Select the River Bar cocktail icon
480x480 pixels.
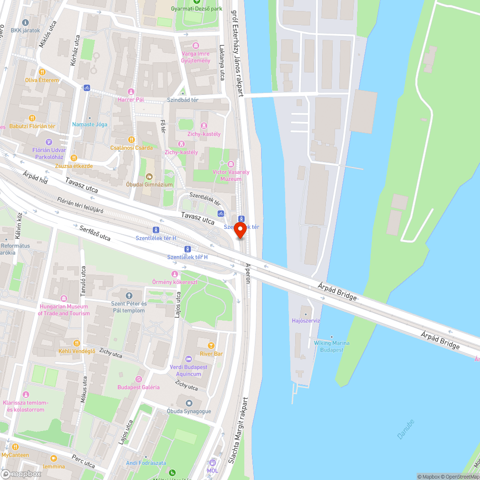pyautogui.click(x=211, y=346)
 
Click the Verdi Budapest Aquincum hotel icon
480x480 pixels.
pyautogui.click(x=188, y=359)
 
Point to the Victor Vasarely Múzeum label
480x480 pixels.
pyautogui.click(x=231, y=175)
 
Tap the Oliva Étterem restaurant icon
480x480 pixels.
pyautogui.click(x=42, y=72)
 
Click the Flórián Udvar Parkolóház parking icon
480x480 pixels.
pyautogui.click(x=48, y=142)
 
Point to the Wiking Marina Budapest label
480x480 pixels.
pyautogui.click(x=332, y=346)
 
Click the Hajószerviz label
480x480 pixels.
pyautogui.click(x=306, y=320)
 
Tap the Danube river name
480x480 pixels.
pyautogui.click(x=406, y=429)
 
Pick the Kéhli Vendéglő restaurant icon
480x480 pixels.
pyautogui.click(x=76, y=343)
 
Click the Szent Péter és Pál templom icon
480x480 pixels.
pyautogui.click(x=128, y=296)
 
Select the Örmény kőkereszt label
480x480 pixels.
pyautogui.click(x=174, y=282)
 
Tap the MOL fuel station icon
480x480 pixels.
pyautogui.click(x=212, y=463)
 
